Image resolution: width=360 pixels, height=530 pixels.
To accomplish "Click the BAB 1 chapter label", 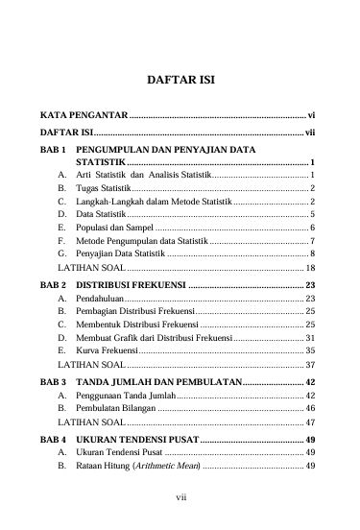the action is coord(54,152).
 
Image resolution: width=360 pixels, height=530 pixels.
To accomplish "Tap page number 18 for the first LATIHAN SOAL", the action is coord(310,265).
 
